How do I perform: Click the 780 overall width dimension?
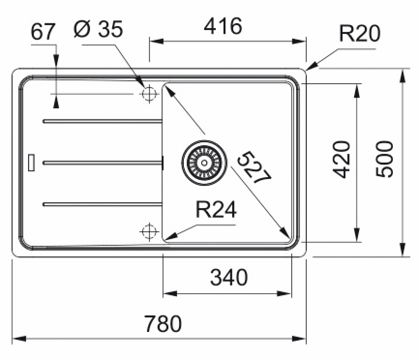click(163, 323)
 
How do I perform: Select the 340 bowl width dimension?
click(229, 277)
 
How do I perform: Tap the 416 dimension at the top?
click(223, 26)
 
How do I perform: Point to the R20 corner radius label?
click(359, 33)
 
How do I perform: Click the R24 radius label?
click(216, 210)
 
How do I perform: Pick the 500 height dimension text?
click(385, 159)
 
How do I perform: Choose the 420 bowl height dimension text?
click(342, 160)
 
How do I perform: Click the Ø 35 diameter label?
click(98, 29)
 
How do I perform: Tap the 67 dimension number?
click(43, 31)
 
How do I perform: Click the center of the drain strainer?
click(204, 163)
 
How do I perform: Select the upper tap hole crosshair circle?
click(149, 94)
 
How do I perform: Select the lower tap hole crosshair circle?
click(149, 231)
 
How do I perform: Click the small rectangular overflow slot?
click(31, 163)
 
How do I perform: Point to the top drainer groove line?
click(103, 121)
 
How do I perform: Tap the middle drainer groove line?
click(103, 163)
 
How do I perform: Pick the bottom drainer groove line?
click(103, 204)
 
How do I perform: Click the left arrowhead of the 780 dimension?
click(19, 339)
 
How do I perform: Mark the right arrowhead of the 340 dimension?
click(284, 294)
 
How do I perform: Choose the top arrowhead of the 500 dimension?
click(403, 75)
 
